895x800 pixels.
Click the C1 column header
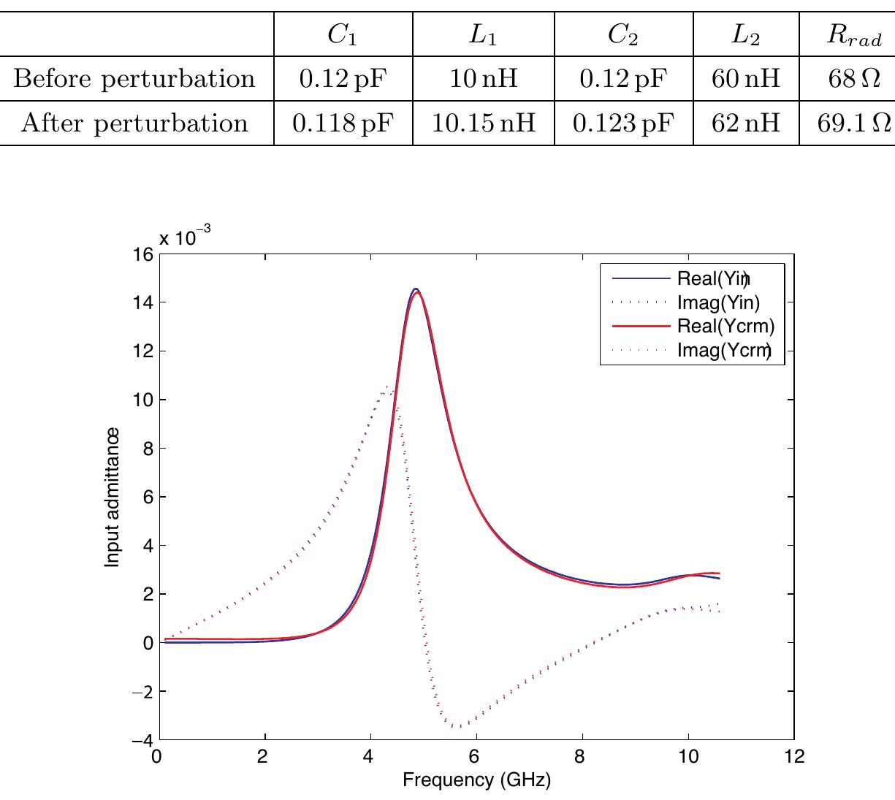click(x=343, y=36)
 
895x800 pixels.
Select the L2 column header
click(x=746, y=36)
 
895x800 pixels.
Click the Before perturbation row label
click(x=135, y=78)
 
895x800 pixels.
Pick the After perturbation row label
click(x=135, y=123)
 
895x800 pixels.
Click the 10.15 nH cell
click(x=483, y=123)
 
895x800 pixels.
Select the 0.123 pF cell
click(x=623, y=123)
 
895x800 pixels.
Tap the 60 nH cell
click(x=746, y=78)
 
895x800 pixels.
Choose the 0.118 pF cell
click(x=343, y=123)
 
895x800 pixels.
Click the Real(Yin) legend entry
click(x=712, y=278)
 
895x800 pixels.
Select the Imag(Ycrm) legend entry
click(x=723, y=350)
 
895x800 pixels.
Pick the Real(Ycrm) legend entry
click(x=725, y=326)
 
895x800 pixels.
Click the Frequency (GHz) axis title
click(x=476, y=780)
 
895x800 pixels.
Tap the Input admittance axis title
click(x=112, y=497)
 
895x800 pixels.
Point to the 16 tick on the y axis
click(x=144, y=254)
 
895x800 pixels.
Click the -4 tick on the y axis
click(x=142, y=740)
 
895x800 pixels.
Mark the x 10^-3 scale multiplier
click(x=185, y=237)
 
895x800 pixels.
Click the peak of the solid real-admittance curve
click(x=416, y=290)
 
